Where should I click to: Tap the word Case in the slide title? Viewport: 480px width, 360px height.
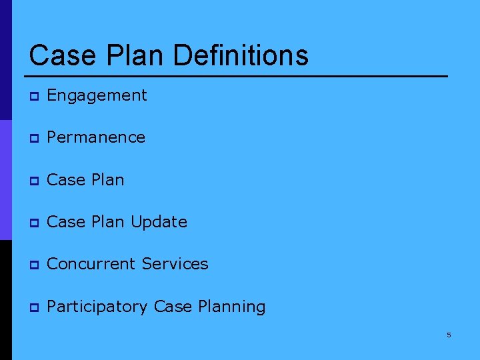pyautogui.click(x=59, y=55)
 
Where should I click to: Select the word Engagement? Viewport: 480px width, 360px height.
pyautogui.click(x=97, y=96)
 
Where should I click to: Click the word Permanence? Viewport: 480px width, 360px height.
pyautogui.click(x=96, y=137)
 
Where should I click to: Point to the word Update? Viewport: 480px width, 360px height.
pyautogui.click(x=159, y=222)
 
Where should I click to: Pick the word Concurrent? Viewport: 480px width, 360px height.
pyautogui.click(x=91, y=264)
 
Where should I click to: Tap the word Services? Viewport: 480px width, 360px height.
pyautogui.click(x=175, y=264)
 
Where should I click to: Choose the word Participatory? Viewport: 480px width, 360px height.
pyautogui.click(x=97, y=307)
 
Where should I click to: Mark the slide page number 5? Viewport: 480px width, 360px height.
pyautogui.click(x=449, y=335)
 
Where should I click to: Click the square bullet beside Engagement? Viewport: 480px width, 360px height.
pyautogui.click(x=33, y=97)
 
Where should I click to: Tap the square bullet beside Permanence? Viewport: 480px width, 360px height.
pyautogui.click(x=33, y=139)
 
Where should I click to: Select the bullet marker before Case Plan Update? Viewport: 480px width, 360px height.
pyautogui.click(x=33, y=223)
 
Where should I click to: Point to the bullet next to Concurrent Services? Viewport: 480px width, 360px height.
pyautogui.click(x=33, y=265)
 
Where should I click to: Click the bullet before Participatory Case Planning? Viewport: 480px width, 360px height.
pyautogui.click(x=33, y=307)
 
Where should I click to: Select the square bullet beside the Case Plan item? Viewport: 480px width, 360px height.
pyautogui.click(x=33, y=181)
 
